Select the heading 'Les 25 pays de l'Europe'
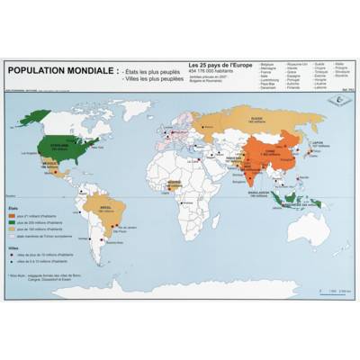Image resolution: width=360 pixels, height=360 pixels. click(220, 65)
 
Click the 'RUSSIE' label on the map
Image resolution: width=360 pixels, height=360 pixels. click(256, 118)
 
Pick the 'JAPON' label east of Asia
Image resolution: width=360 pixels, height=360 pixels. click(316, 141)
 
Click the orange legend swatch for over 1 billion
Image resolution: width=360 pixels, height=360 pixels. click(12, 216)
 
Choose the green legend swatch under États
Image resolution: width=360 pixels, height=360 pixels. click(12, 224)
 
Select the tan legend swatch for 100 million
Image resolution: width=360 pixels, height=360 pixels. click(12, 232)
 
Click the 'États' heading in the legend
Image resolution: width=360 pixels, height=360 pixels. click(13, 208)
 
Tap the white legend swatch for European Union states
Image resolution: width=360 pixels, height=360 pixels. click(12, 239)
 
